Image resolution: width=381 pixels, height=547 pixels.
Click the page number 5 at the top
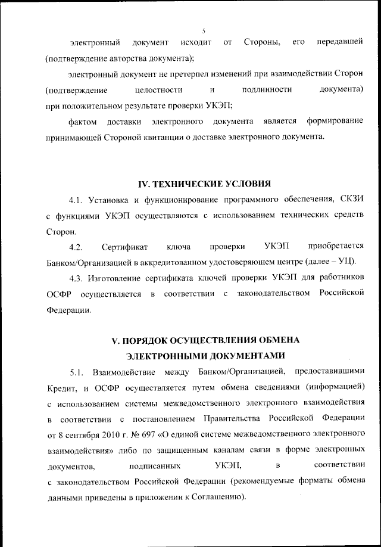point(203,30)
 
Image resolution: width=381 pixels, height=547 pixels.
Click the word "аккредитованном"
point(164,261)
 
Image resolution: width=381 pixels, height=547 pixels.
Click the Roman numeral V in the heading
point(116,339)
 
